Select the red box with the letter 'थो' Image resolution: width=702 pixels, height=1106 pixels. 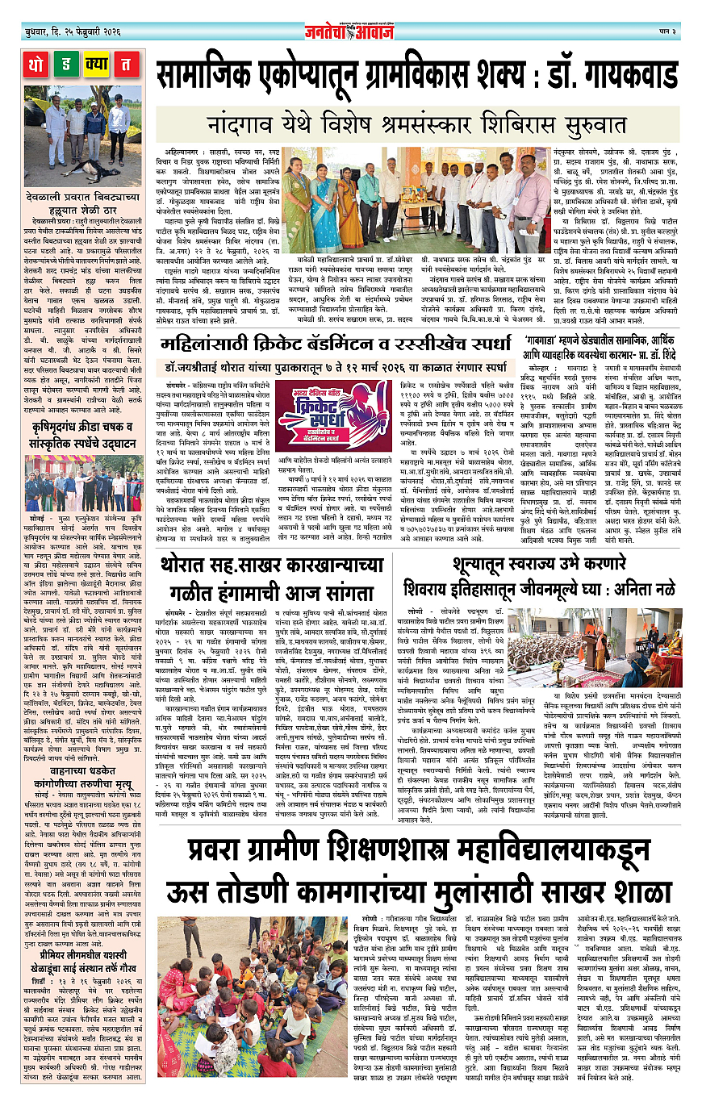37,63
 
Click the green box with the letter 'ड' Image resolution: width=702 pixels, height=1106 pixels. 69,63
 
